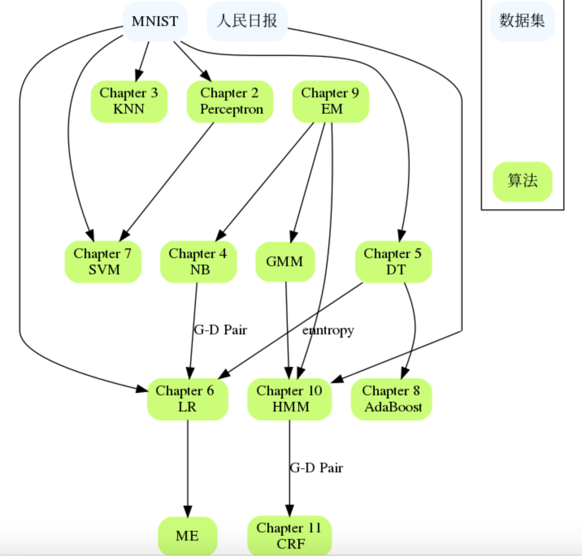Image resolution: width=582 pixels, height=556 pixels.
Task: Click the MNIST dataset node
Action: point(155,21)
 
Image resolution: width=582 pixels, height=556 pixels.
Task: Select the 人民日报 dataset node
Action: point(247,21)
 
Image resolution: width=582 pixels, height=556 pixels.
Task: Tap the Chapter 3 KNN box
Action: point(129,101)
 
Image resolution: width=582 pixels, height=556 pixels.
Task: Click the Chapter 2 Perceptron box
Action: point(230,101)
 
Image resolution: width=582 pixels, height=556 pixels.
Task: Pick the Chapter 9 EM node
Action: point(330,101)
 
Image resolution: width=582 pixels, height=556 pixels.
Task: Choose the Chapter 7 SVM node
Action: point(103,262)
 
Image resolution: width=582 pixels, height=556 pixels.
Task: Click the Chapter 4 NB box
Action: point(198,262)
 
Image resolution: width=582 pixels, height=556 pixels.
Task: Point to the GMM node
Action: point(285,262)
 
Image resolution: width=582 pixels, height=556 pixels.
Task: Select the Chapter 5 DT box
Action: point(393,262)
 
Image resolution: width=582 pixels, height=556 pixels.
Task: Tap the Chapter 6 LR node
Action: point(187,399)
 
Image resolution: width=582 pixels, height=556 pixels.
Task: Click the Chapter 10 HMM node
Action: point(289,399)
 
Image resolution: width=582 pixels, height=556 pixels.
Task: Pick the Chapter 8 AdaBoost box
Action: point(391,399)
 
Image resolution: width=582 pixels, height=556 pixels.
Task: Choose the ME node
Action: point(187,536)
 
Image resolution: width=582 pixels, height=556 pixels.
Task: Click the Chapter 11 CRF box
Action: point(289,536)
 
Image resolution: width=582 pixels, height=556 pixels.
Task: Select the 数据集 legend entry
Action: point(522,21)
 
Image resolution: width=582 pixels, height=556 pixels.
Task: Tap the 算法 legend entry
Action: point(522,181)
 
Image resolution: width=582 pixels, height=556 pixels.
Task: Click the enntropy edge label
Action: point(328,330)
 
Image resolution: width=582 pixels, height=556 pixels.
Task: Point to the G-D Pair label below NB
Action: point(221,330)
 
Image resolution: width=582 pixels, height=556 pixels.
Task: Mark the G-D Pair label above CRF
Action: point(317,468)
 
